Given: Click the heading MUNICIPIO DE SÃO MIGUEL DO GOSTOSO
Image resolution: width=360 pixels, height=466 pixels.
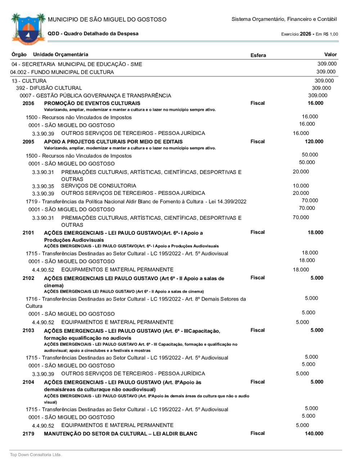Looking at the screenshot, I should tap(107, 19).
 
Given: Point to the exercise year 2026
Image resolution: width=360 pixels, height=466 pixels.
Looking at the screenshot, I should tap(305, 34).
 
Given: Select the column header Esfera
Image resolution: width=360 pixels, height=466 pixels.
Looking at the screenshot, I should tap(258, 55).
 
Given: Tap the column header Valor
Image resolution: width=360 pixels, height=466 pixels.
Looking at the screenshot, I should tap(330, 54).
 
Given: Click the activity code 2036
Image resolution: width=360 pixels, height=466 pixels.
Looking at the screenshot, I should tap(28, 103).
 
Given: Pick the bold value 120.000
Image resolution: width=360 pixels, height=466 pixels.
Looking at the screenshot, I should tap(314, 142).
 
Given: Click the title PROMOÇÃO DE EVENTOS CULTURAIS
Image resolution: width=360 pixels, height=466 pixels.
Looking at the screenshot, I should tap(92, 103).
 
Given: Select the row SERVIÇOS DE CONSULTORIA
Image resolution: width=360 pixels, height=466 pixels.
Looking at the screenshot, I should tap(99, 186).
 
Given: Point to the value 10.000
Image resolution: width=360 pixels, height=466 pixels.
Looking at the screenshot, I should tap(301, 186).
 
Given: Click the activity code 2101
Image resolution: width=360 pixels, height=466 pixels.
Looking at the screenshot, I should tap(28, 233).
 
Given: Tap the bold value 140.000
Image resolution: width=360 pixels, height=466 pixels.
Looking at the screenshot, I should tap(314, 434).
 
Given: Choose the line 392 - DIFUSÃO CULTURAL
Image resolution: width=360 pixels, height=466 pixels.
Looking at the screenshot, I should tap(49, 88).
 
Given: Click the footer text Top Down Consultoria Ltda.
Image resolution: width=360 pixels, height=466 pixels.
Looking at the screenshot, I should tap(36, 455).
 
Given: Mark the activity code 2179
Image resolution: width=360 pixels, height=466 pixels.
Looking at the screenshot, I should tap(28, 434).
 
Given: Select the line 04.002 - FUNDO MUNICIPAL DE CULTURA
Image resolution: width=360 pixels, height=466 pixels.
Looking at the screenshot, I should tap(62, 72).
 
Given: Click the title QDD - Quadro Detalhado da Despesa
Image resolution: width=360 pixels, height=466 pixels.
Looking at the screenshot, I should tap(93, 33).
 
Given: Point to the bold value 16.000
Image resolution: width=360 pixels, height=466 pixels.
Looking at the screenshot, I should tap(315, 103).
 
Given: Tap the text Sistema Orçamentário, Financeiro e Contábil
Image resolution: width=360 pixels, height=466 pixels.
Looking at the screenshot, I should tap(284, 19).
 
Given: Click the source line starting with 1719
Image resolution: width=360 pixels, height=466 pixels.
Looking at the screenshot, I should tap(136, 202).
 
